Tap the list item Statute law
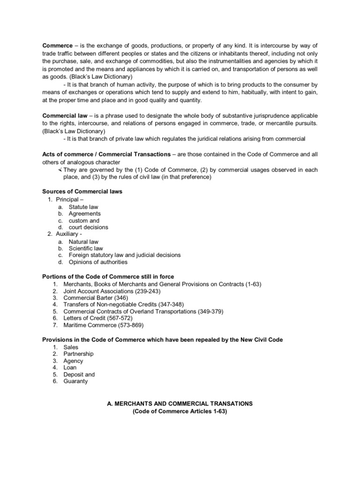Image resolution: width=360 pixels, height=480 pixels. pos(83,207)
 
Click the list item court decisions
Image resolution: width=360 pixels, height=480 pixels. pos(88,227)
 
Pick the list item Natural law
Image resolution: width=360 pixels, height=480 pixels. pos(83,241)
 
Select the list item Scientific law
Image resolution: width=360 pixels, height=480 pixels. pos(86,248)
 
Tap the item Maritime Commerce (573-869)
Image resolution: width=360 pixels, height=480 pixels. pos(104,325)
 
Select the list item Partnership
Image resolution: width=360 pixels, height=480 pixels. pos(79,354)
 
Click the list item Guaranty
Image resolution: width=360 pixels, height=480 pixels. pos(75,381)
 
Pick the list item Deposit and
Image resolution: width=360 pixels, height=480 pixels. pos(79,375)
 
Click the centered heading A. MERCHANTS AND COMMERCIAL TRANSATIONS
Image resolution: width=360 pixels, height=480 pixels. pos(180,404)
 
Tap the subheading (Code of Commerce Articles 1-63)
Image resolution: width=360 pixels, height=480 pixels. pos(180,411)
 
